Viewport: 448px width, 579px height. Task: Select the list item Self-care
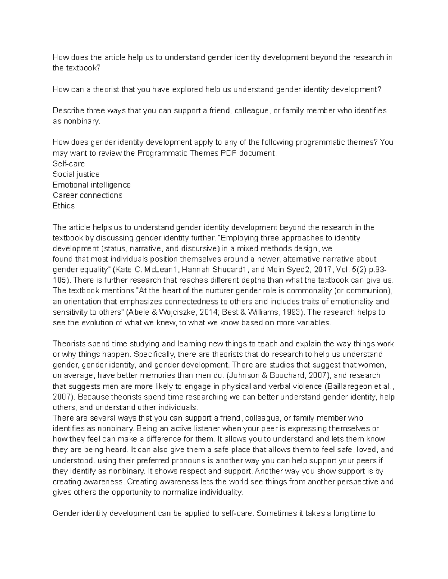point(69,164)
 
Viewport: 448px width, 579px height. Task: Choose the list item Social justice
point(76,174)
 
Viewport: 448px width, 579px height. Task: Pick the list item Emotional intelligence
point(91,185)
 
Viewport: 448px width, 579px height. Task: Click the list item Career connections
point(87,195)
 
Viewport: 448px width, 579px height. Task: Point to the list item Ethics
point(63,206)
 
